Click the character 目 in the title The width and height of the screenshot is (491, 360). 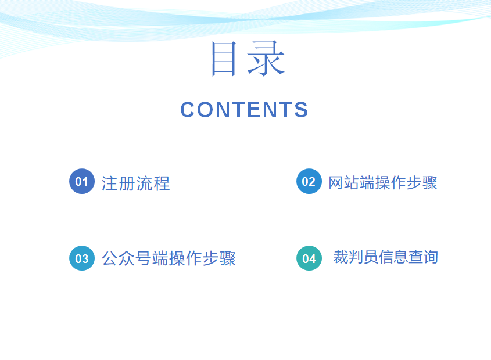click(224, 59)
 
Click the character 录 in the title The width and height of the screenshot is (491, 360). click(266, 59)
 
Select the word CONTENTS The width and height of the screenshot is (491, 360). click(244, 110)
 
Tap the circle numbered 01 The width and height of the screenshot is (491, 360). click(82, 181)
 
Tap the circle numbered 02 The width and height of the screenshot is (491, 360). click(309, 181)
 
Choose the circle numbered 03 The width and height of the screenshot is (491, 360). click(82, 258)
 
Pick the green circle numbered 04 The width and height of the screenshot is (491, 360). click(309, 258)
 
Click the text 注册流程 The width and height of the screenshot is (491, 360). click(135, 183)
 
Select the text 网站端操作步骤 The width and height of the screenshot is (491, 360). click(383, 182)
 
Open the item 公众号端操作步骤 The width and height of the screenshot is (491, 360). click(169, 258)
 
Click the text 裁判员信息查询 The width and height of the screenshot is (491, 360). click(385, 257)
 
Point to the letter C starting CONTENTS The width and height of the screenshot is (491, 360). click(188, 110)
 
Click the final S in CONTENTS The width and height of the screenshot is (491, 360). click(301, 110)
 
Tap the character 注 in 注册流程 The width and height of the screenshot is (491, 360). click(109, 183)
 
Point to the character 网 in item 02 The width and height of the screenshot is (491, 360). click(336, 182)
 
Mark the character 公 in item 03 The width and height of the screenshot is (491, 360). click(110, 258)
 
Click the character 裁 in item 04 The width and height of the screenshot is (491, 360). click(341, 257)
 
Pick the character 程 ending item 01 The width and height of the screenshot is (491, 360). click(162, 183)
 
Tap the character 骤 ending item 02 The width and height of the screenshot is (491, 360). click(429, 182)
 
